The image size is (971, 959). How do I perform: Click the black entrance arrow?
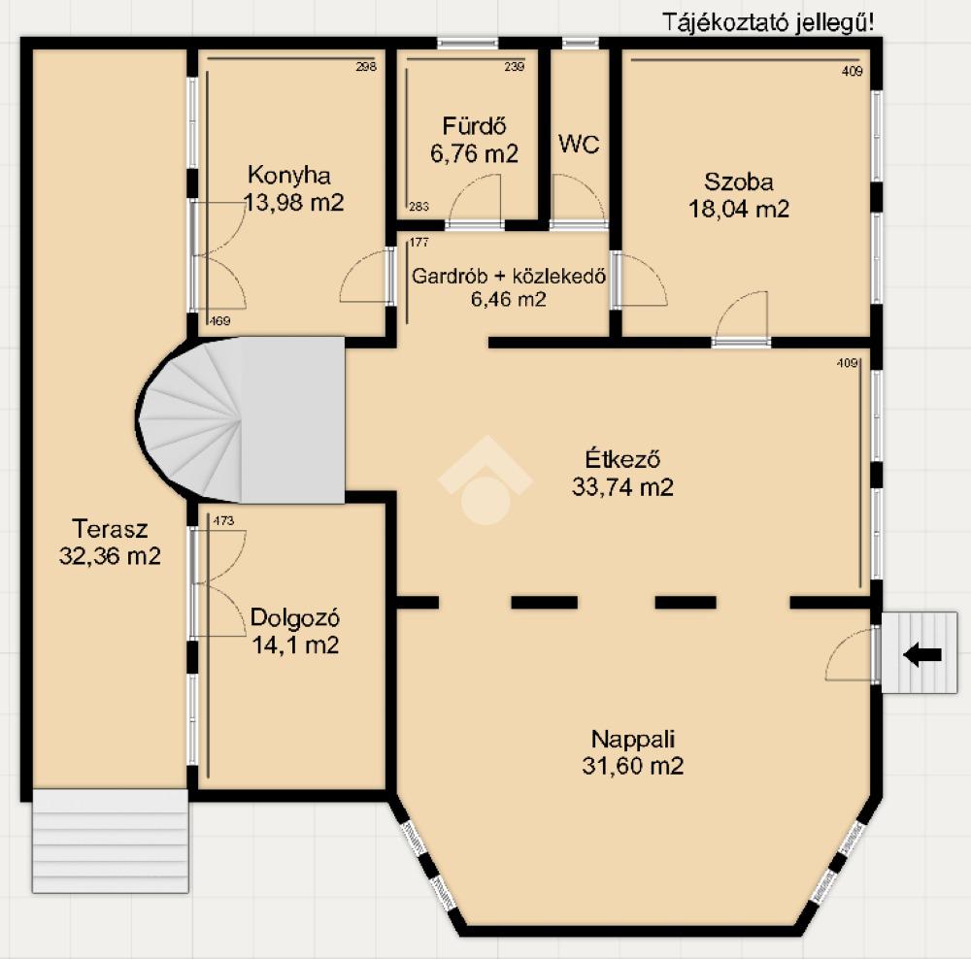pyautogui.click(x=922, y=654)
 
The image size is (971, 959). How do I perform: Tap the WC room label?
pyautogui.click(x=579, y=145)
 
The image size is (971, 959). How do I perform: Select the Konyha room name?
pyautogui.click(x=289, y=176)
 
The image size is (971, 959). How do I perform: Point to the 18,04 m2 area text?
pyautogui.click(x=739, y=209)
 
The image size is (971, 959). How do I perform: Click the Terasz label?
pyautogui.click(x=111, y=529)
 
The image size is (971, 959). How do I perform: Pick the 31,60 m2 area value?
pyautogui.click(x=632, y=766)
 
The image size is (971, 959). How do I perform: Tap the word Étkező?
pyautogui.click(x=622, y=459)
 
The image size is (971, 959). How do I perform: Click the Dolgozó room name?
pyautogui.click(x=295, y=618)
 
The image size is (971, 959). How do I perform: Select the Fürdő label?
pyautogui.click(x=475, y=125)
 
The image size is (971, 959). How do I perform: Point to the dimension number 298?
pyautogui.click(x=366, y=67)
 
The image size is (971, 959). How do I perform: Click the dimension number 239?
pyautogui.click(x=514, y=67)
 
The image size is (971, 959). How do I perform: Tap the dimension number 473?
pyautogui.click(x=223, y=520)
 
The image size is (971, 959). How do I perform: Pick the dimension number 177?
pyautogui.click(x=419, y=242)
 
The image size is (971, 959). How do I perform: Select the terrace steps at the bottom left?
pyautogui.click(x=111, y=841)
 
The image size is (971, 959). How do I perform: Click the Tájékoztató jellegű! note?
pyautogui.click(x=768, y=22)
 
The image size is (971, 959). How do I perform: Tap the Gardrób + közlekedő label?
pyautogui.click(x=509, y=276)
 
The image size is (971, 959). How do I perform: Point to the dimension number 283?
pyautogui.click(x=419, y=206)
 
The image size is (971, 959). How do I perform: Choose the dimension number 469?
pyautogui.click(x=219, y=320)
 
